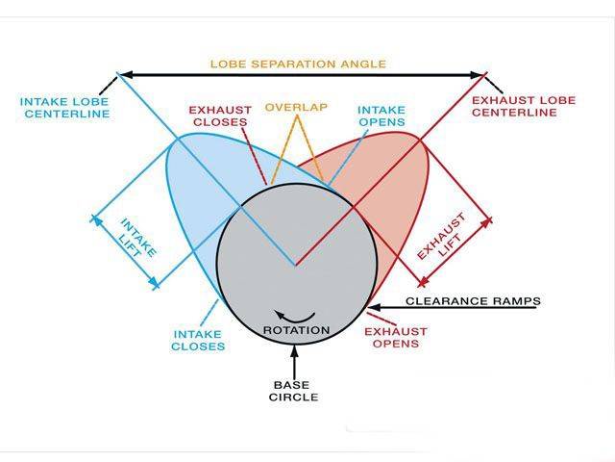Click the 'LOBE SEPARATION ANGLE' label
[x=298, y=64]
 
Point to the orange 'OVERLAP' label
[x=297, y=107]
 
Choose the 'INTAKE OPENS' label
[x=380, y=116]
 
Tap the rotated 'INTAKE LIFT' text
[x=137, y=236]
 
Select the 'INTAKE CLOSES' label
[x=198, y=340]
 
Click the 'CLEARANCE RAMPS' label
[x=473, y=301]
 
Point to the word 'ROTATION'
[x=296, y=330]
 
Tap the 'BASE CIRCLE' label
[x=295, y=390]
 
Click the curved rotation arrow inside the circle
[x=295, y=316]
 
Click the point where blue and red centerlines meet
[x=295, y=265]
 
